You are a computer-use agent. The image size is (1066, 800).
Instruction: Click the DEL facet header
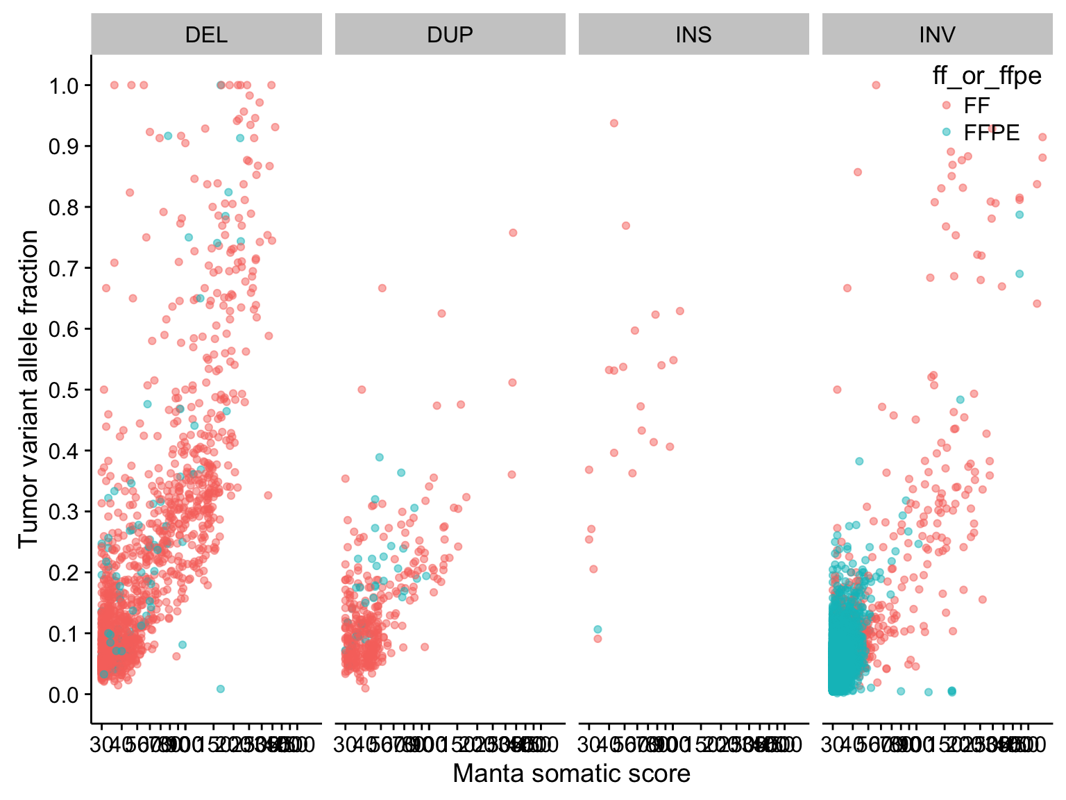tap(206, 35)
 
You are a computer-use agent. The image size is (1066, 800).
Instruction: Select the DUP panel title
tap(450, 35)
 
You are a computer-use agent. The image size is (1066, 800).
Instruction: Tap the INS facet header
tap(693, 35)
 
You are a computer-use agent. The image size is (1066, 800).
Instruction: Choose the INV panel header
tap(937, 35)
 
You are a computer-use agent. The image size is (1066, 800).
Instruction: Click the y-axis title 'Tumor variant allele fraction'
tap(28, 389)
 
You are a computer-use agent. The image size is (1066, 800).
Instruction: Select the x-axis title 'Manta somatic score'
tap(571, 774)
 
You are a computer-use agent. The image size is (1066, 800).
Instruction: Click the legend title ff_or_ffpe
tap(987, 76)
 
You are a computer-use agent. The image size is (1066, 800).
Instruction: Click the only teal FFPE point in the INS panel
tap(598, 629)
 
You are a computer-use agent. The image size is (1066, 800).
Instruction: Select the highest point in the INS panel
tap(614, 123)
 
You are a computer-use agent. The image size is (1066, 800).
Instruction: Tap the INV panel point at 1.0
tap(876, 85)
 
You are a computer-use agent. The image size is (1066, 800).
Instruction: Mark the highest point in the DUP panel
tap(513, 233)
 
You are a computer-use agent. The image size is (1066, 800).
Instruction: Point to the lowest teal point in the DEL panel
tap(220, 689)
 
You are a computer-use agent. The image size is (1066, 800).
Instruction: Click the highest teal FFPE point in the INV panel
tap(1020, 215)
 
